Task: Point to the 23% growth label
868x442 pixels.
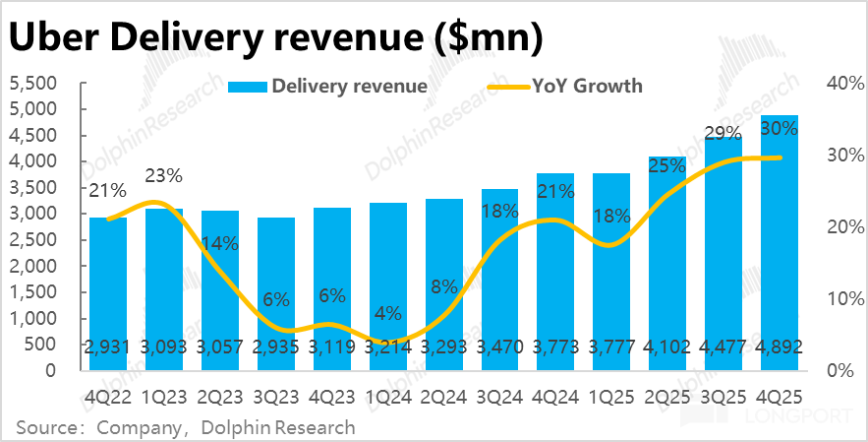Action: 163,176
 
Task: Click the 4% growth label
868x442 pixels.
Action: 388,314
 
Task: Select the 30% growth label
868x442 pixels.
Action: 780,129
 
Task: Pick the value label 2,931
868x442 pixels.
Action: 108,346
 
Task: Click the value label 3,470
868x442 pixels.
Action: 500,346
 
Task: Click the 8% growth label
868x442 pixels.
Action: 444,287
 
